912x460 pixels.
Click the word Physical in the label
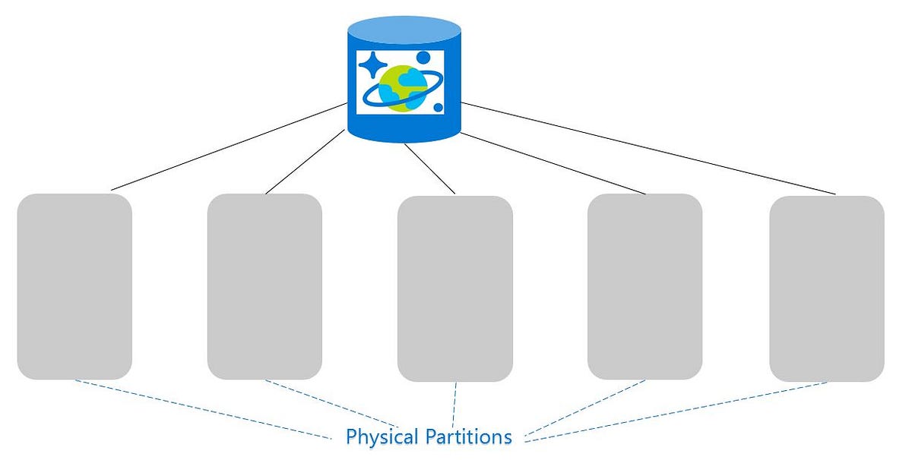tap(382, 437)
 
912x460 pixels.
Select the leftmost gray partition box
tap(74, 286)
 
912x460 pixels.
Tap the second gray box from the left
tap(264, 286)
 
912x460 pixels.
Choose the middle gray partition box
tap(455, 288)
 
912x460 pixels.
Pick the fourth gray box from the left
tap(644, 286)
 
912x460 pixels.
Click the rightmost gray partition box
tap(826, 288)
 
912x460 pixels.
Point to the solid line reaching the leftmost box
tap(228, 148)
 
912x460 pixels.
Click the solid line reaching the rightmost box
tap(646, 148)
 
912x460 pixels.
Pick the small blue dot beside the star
tap(423, 58)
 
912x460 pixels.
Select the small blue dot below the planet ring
tap(439, 109)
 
